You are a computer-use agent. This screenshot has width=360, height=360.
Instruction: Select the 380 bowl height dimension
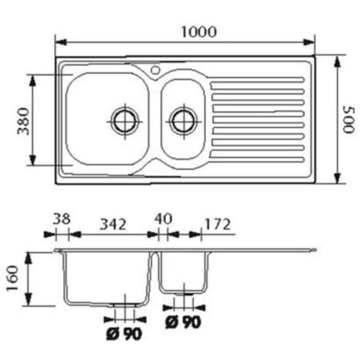click(x=22, y=120)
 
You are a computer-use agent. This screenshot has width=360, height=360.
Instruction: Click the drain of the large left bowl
click(x=124, y=119)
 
